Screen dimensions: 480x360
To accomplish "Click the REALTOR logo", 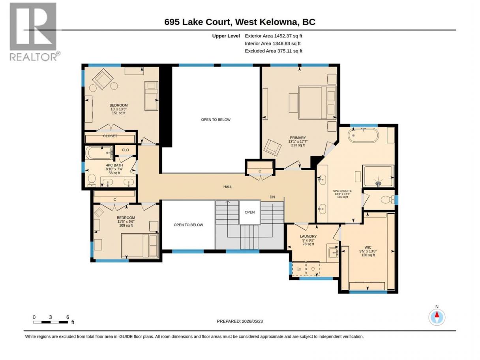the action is (35, 32).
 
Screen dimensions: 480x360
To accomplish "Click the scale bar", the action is (50, 322).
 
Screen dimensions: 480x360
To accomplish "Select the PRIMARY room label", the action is (298, 138).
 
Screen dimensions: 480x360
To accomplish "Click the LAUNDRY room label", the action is (308, 236).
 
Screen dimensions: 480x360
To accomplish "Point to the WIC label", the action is (368, 247).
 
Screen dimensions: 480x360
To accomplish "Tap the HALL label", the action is (228, 187).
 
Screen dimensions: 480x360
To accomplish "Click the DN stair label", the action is (272, 197).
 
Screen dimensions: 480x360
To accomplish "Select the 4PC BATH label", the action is (114, 165).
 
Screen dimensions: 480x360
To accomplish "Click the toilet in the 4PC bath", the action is (92, 180).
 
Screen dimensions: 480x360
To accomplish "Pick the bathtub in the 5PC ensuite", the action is (363, 135).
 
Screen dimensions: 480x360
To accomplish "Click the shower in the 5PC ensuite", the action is (378, 176).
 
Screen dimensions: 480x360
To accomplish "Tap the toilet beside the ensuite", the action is (388, 200).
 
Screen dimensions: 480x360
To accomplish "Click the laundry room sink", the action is (333, 253).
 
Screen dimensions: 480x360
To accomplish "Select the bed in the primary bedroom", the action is (317, 102).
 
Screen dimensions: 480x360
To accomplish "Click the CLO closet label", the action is (125, 150).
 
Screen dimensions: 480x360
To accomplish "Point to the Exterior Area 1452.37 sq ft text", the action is (273, 36).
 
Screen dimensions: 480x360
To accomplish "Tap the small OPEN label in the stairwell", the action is (249, 212).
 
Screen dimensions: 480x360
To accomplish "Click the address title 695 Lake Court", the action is (198, 22).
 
